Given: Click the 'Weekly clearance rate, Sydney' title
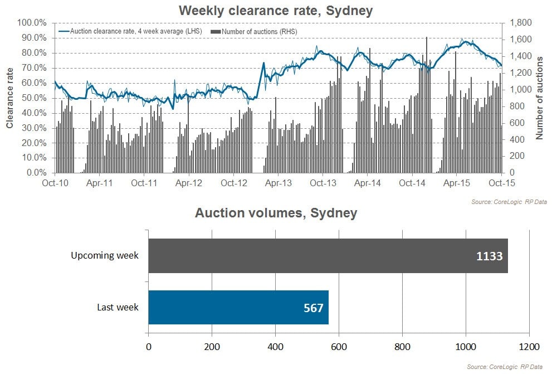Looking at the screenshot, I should tap(276, 10).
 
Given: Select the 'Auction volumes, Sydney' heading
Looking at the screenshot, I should tap(276, 213).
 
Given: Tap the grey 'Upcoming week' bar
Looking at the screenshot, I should tap(328, 256).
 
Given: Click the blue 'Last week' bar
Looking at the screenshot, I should tap(238, 307).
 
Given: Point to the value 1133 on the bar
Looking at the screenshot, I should tap(490, 256).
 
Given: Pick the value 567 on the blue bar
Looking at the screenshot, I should tap(314, 308).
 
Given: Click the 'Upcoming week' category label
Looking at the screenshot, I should tap(104, 256).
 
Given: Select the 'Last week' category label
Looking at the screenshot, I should tap(118, 307).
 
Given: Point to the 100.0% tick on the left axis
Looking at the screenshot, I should tap(32, 23).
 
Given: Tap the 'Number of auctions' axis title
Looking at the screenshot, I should tap(539, 98).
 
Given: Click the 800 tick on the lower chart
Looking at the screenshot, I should tap(402, 347).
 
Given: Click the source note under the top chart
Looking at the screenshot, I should tap(510, 201).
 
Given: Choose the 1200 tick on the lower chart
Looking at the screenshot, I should tap(529, 347).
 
